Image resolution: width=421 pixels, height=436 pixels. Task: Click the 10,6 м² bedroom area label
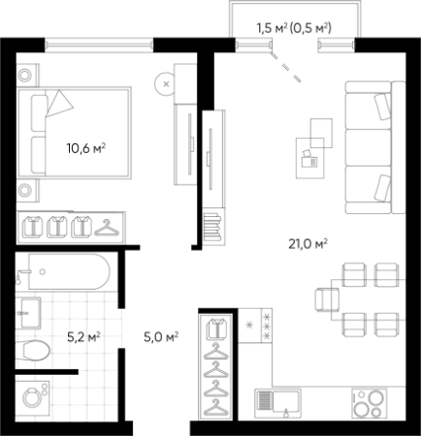(x=86, y=148)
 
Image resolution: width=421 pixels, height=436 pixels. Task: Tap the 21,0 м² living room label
(x=308, y=244)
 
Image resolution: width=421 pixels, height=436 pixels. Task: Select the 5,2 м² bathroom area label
(x=83, y=337)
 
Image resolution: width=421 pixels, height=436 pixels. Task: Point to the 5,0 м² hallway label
(x=161, y=337)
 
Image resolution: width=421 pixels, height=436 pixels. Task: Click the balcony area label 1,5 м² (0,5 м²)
(x=294, y=28)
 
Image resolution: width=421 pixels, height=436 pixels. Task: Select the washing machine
(x=33, y=398)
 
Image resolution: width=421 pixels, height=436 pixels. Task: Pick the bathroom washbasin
(x=29, y=313)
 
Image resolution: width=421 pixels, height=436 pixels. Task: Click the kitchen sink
(x=277, y=403)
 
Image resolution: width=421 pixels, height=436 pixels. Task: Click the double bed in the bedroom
(x=74, y=133)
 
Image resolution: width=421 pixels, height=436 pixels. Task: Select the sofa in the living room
(x=375, y=147)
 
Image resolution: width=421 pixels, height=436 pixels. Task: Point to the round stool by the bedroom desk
(x=166, y=84)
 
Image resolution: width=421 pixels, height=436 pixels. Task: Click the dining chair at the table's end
(x=327, y=299)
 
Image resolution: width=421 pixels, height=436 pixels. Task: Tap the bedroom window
(x=99, y=45)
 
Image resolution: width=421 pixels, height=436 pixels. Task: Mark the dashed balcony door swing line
(x=286, y=67)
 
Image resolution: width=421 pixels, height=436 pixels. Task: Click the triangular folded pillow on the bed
(x=59, y=104)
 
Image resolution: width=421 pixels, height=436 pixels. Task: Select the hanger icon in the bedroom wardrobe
(x=107, y=228)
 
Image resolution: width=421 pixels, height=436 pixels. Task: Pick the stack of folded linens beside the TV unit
(x=213, y=228)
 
